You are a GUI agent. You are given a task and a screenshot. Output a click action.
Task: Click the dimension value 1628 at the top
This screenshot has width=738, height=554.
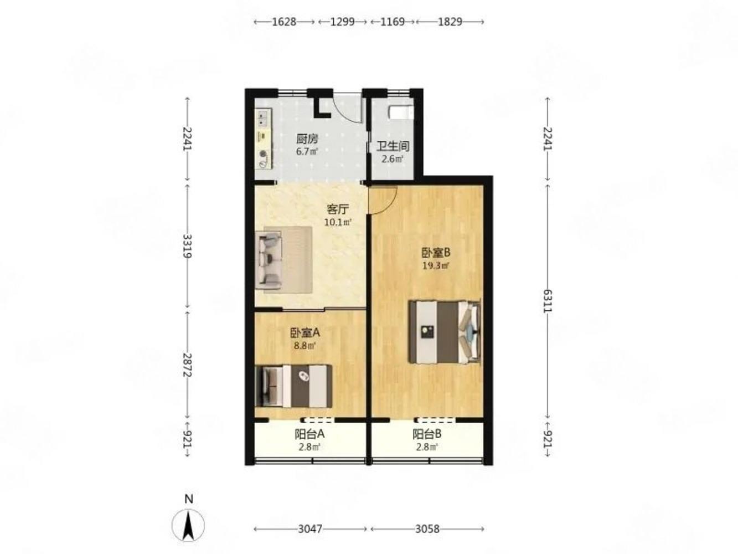pyautogui.click(x=284, y=22)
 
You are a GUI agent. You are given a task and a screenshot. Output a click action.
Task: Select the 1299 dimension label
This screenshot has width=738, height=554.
pyautogui.click(x=342, y=22)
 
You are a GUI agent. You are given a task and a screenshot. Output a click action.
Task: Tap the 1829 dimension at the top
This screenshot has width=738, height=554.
pyautogui.click(x=450, y=22)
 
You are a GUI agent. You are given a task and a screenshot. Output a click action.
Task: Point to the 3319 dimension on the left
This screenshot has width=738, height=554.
pyautogui.click(x=187, y=246)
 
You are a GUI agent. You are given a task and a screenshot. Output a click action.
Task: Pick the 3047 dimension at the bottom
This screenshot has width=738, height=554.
pyautogui.click(x=310, y=529)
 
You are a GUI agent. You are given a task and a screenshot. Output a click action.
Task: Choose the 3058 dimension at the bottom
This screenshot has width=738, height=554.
pyautogui.click(x=427, y=529)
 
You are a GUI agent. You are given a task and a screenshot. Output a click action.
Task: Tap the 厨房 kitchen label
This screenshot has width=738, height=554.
pyautogui.click(x=307, y=139)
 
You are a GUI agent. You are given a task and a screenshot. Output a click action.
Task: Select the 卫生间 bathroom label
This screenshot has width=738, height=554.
pyautogui.click(x=393, y=146)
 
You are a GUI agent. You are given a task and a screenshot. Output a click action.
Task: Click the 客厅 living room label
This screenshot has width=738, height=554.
pyautogui.click(x=338, y=209)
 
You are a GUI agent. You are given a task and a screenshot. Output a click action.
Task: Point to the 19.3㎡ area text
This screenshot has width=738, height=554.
pyautogui.click(x=436, y=265)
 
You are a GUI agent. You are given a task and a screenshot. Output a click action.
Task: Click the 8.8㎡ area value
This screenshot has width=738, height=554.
pyautogui.click(x=305, y=346)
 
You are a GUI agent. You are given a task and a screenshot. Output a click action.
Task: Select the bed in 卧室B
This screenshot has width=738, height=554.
pyautogui.click(x=444, y=332)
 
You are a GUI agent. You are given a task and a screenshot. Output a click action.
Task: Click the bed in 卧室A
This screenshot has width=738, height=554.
pyautogui.click(x=293, y=386)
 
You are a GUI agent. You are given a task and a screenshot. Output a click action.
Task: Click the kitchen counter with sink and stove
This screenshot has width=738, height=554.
pyautogui.click(x=264, y=139)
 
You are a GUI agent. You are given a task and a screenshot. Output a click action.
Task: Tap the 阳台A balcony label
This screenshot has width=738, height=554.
pyautogui.click(x=309, y=434)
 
